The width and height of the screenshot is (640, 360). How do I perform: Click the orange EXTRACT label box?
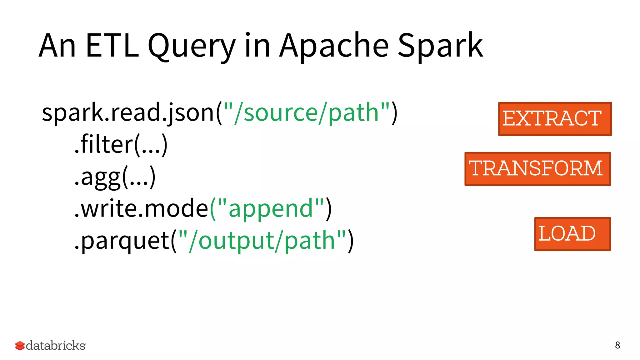(555, 119)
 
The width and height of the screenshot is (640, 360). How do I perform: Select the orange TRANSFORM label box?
(537, 169)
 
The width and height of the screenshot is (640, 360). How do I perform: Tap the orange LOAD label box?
(572, 234)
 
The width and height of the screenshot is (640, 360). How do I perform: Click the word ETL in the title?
(112, 46)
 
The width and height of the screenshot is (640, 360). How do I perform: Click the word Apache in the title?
(334, 46)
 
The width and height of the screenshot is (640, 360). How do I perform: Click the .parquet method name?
(122, 241)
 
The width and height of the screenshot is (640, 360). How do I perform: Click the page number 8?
(617, 345)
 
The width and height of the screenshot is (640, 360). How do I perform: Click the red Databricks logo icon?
(20, 346)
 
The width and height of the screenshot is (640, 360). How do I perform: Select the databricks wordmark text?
(56, 345)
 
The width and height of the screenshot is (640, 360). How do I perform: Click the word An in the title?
(57, 46)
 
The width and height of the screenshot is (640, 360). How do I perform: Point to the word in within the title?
(257, 46)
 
